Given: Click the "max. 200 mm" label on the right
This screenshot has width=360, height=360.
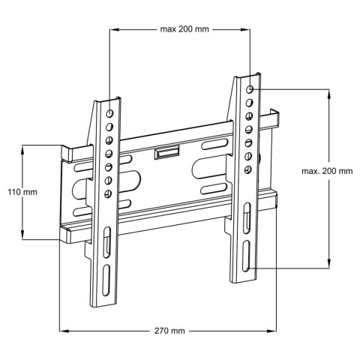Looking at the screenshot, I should (x=327, y=172).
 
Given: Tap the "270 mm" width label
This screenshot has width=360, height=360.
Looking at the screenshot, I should (x=169, y=330).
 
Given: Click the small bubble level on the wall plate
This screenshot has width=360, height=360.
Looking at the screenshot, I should (x=166, y=154).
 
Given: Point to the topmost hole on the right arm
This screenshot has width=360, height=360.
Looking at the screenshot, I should (x=250, y=88).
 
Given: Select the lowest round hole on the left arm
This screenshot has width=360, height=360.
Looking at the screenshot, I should (x=109, y=194).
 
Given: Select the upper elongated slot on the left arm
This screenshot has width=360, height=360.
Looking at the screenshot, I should (x=107, y=244).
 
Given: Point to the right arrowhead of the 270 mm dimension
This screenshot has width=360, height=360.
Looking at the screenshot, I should (x=274, y=330).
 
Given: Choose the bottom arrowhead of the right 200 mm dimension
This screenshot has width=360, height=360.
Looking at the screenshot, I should (x=328, y=265).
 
